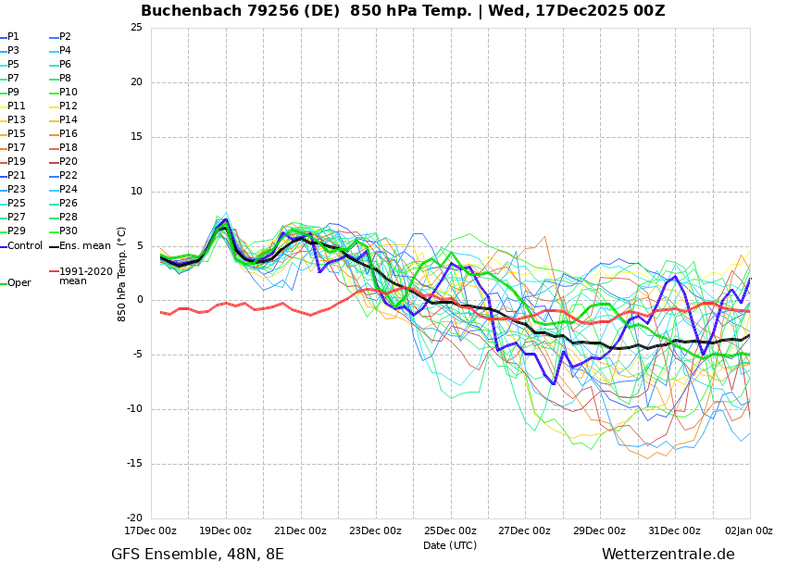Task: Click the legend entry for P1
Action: [x=13, y=37]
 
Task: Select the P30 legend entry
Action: [x=68, y=231]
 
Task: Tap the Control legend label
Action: [x=25, y=246]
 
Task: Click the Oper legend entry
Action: [x=19, y=283]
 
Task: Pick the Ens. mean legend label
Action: [x=83, y=246]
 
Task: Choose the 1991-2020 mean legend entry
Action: [x=85, y=276]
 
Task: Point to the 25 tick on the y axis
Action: [x=136, y=28]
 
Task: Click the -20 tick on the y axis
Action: [x=134, y=518]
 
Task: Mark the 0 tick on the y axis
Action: [x=139, y=300]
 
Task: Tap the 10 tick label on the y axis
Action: [x=136, y=192]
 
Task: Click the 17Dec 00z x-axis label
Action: [x=151, y=530]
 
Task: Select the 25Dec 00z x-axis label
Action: [x=450, y=530]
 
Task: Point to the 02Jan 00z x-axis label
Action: [x=749, y=530]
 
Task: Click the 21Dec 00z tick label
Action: [x=300, y=530]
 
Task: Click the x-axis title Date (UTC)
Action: [x=450, y=545]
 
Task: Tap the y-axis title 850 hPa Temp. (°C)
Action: [x=122, y=273]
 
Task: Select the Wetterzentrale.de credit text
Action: [x=668, y=555]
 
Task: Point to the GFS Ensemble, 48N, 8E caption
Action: [x=197, y=555]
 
